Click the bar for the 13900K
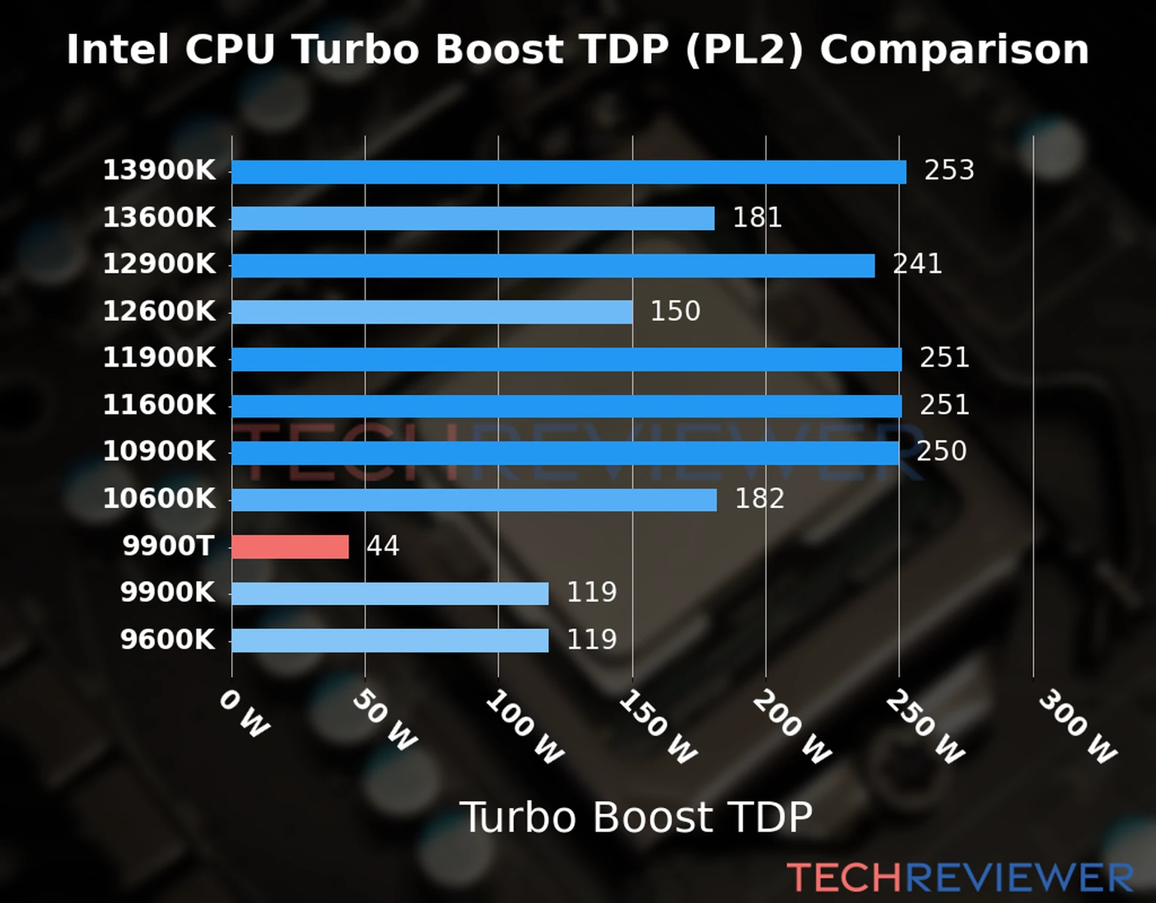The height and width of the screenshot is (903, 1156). (568, 172)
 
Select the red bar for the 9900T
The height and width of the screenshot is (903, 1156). (290, 547)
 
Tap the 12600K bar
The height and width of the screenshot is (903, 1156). (431, 312)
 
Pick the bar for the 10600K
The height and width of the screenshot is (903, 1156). (473, 500)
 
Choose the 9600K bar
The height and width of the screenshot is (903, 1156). (390, 640)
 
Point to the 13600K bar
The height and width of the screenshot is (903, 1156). (473, 218)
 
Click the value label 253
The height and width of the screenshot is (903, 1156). (949, 171)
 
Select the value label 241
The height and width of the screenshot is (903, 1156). (917, 264)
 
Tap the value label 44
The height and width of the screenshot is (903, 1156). (382, 546)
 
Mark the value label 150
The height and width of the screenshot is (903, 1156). (675, 312)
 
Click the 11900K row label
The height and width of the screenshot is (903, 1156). (159, 358)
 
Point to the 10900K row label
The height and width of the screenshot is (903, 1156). (159, 452)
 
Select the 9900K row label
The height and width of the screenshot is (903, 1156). (168, 593)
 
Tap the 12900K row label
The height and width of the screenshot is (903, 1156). (159, 265)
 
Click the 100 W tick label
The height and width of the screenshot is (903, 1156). (525, 728)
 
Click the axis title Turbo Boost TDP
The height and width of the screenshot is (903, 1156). (636, 817)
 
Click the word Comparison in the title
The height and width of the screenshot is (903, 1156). (954, 50)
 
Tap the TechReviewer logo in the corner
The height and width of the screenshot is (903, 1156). (960, 878)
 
